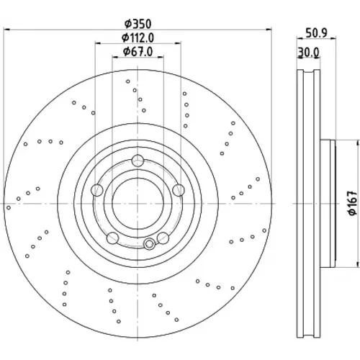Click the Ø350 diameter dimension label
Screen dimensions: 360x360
(x=138, y=24)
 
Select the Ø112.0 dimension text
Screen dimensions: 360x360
(x=138, y=37)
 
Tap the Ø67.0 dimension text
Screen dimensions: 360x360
(x=138, y=52)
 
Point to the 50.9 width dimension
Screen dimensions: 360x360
(x=317, y=33)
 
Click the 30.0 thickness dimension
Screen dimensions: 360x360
(x=308, y=52)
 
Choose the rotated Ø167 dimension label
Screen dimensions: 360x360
(x=353, y=203)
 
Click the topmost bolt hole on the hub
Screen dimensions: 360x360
(x=138, y=161)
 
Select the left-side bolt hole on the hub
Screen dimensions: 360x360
(x=97, y=190)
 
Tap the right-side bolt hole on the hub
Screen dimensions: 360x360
(x=179, y=190)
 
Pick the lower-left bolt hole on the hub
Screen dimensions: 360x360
(x=112, y=238)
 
